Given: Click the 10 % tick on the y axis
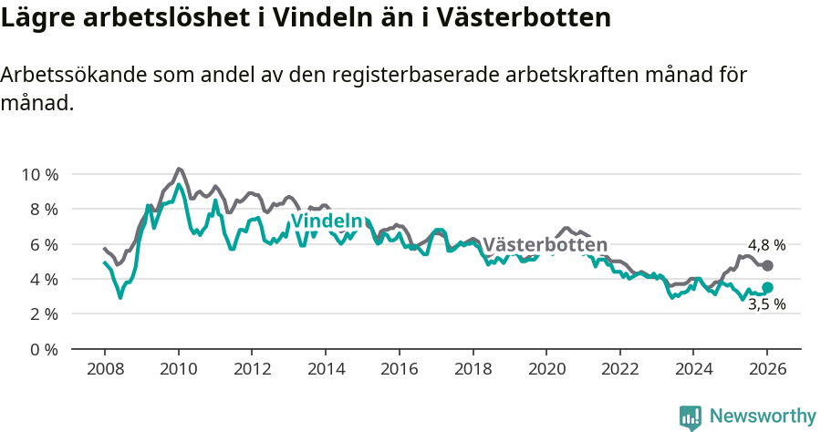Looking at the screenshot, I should click(x=39, y=174).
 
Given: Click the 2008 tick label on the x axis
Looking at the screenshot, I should click(x=105, y=370).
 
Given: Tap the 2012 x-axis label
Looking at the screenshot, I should click(x=252, y=370).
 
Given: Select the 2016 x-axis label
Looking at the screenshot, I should click(x=399, y=370).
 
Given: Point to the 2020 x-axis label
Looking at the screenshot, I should click(x=546, y=370).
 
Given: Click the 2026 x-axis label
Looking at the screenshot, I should click(x=766, y=370).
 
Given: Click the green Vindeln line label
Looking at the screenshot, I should click(x=327, y=221).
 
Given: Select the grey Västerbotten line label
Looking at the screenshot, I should click(x=545, y=245).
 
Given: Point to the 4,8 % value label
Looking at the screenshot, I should click(x=766, y=245).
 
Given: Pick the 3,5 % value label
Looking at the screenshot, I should click(x=766, y=304).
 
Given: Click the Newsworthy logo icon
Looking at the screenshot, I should click(x=691, y=417).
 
